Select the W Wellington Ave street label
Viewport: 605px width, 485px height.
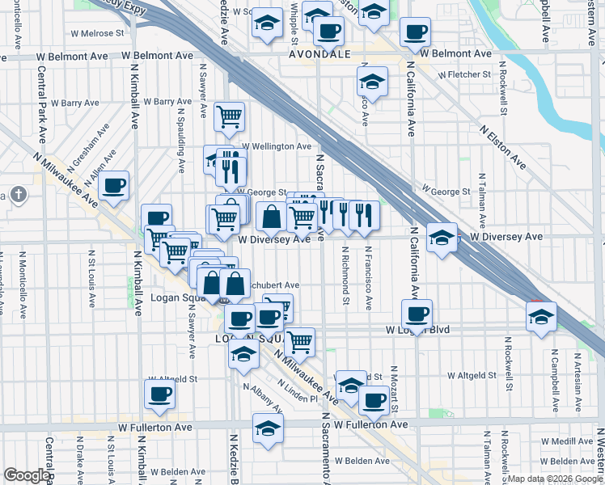click(x=275, y=146)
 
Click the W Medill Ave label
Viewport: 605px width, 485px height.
click(x=567, y=441)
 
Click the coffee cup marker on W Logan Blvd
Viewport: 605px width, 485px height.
click(x=417, y=314)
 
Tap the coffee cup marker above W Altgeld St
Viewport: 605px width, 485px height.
click(x=159, y=394)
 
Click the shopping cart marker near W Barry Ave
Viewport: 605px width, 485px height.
click(x=230, y=116)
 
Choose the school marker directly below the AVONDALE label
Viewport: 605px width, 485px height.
click(x=372, y=82)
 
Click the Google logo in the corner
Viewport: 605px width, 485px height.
click(x=27, y=475)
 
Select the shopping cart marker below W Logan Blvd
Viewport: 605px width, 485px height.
click(x=300, y=342)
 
